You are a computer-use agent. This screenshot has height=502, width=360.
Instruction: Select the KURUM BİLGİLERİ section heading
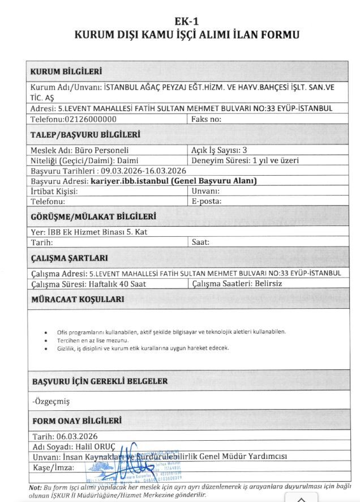click(66, 72)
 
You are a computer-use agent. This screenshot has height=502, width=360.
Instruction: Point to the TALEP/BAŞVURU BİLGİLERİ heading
click(85, 135)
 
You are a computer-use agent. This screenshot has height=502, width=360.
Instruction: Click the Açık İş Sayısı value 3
click(245, 151)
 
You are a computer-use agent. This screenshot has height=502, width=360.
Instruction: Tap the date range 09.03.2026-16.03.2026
click(143, 171)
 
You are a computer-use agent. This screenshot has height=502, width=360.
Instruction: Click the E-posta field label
click(207, 201)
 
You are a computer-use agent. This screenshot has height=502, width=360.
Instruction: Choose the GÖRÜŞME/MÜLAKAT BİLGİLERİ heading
click(93, 216)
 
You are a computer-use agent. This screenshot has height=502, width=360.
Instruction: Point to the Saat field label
click(201, 242)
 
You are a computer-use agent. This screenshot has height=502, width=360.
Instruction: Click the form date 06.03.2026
click(76, 436)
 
